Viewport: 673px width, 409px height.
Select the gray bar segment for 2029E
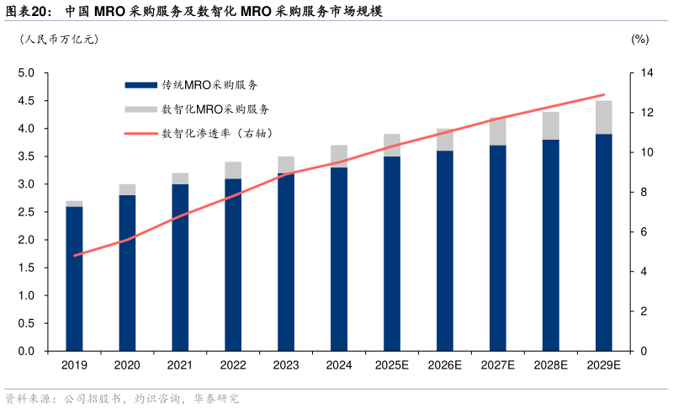603,117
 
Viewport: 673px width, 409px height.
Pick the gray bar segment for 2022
233,170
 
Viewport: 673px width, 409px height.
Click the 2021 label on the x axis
180,365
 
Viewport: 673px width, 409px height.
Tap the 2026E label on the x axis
444,365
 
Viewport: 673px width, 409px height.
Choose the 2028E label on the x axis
550,365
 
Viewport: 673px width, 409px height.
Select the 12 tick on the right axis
644,113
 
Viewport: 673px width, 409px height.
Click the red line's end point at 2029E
604,95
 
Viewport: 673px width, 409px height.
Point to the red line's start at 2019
74,255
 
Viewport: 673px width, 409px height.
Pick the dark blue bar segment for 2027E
497,248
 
